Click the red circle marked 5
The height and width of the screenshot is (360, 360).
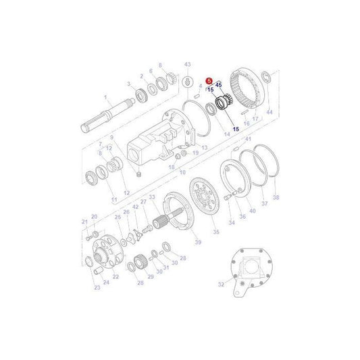coord(209,80)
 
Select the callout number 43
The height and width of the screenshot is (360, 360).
coord(187,63)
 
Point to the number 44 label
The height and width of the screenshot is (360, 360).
coord(269,111)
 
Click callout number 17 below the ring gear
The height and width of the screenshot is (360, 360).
coord(255,119)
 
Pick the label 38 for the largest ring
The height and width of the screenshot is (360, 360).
coord(275,198)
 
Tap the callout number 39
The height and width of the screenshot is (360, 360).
coord(198,241)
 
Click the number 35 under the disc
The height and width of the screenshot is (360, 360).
coord(216,232)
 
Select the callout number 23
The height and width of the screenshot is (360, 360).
coord(97,288)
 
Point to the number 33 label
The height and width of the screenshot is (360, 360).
coord(152,197)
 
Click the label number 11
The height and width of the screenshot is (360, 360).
coord(113,200)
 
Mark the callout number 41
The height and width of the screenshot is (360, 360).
coord(248,139)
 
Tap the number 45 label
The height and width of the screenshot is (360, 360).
coord(219,84)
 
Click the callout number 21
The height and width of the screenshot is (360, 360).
coord(84,222)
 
